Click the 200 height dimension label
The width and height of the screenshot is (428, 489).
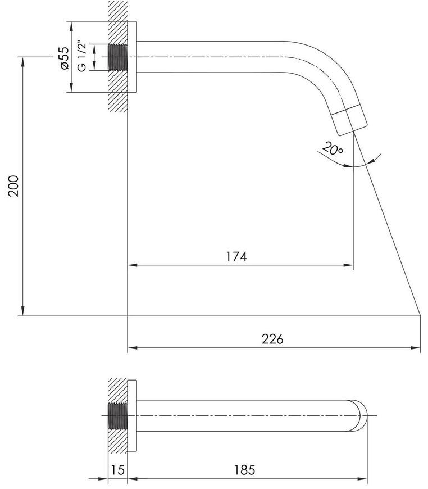tap(13, 186)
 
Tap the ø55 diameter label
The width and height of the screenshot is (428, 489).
tap(65, 58)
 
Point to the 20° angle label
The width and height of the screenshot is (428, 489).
tap(333, 148)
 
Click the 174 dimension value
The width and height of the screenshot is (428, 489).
tap(236, 257)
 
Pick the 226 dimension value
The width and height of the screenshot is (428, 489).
tap(272, 339)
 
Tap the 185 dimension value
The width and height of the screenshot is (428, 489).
tap(245, 470)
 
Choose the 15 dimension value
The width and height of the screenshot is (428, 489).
tap(117, 470)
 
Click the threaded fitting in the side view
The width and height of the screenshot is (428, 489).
tap(118, 57)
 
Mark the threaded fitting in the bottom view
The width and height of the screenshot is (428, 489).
tap(118, 416)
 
